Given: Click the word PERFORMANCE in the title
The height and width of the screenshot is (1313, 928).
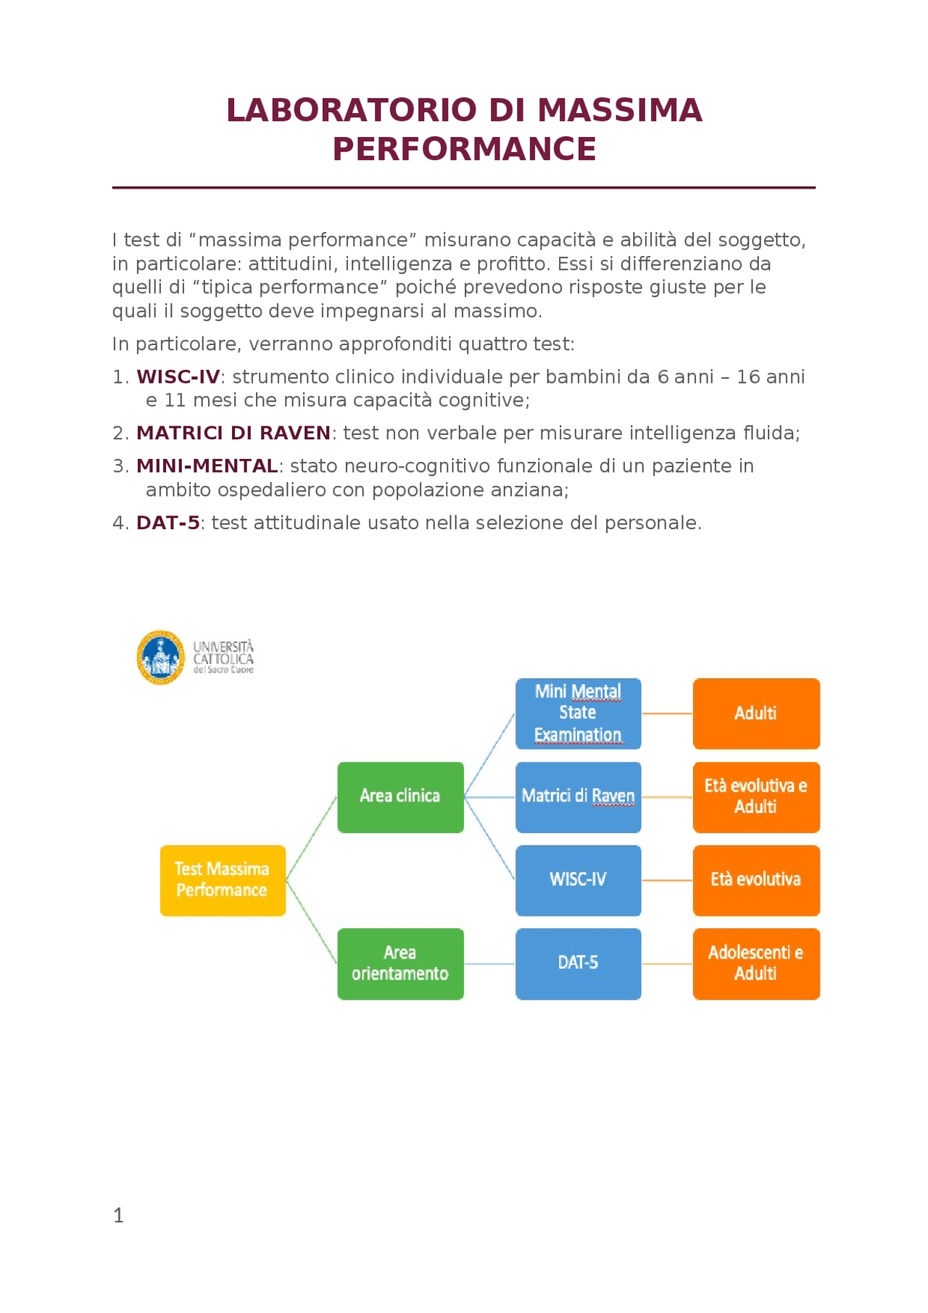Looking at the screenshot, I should tap(464, 149).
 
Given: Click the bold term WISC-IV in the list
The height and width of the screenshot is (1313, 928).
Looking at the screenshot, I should tap(178, 377).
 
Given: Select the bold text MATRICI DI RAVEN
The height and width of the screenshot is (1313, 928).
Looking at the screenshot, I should tap(233, 433).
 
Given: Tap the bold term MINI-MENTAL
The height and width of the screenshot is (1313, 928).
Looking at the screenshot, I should tap(207, 465).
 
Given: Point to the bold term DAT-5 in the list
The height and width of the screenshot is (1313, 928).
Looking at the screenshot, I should tap(168, 523).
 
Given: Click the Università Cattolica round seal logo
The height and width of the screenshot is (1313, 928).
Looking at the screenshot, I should tap(161, 657).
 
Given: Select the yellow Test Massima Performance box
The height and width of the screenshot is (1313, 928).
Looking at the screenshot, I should tap(223, 880).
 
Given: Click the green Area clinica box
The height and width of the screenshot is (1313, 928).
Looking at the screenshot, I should tap(400, 797).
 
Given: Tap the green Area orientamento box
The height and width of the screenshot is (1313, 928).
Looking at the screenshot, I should tap(400, 964).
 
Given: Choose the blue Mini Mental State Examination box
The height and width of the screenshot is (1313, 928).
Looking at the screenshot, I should tap(578, 713).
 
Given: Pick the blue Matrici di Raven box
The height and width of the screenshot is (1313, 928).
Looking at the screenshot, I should tap(578, 797).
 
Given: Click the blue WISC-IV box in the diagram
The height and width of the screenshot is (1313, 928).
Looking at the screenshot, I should tap(578, 880).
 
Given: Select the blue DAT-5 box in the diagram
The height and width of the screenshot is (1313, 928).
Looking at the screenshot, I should tap(578, 964).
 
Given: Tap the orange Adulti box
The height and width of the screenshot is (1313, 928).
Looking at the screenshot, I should tap(756, 713).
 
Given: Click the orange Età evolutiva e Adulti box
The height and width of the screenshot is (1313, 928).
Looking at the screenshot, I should tap(756, 797).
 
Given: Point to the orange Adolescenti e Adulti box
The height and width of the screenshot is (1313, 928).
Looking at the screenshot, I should tap(756, 964).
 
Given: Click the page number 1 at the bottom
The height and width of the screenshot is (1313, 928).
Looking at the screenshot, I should tap(118, 1216).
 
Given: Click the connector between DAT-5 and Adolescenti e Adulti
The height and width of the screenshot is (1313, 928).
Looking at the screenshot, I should tap(667, 964).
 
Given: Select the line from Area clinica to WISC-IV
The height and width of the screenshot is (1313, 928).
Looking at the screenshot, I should tap(490, 839).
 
